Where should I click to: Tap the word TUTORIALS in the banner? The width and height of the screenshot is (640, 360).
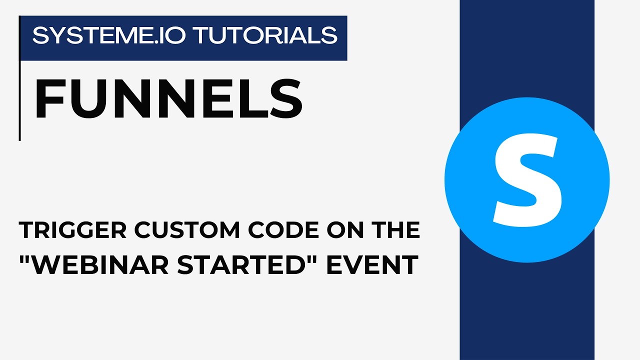[x=265, y=35]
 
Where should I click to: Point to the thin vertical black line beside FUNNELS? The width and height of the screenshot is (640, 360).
[x=19, y=100]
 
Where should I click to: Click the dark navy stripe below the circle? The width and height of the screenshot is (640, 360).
[x=526, y=310]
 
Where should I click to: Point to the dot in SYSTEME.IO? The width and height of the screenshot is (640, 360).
[x=186, y=42]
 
